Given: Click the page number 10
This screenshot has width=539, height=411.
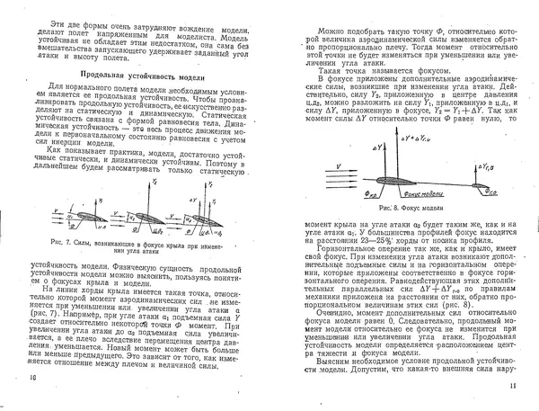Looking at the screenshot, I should tap(33, 401).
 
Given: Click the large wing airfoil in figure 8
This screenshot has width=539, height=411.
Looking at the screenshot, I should tap(395, 183).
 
